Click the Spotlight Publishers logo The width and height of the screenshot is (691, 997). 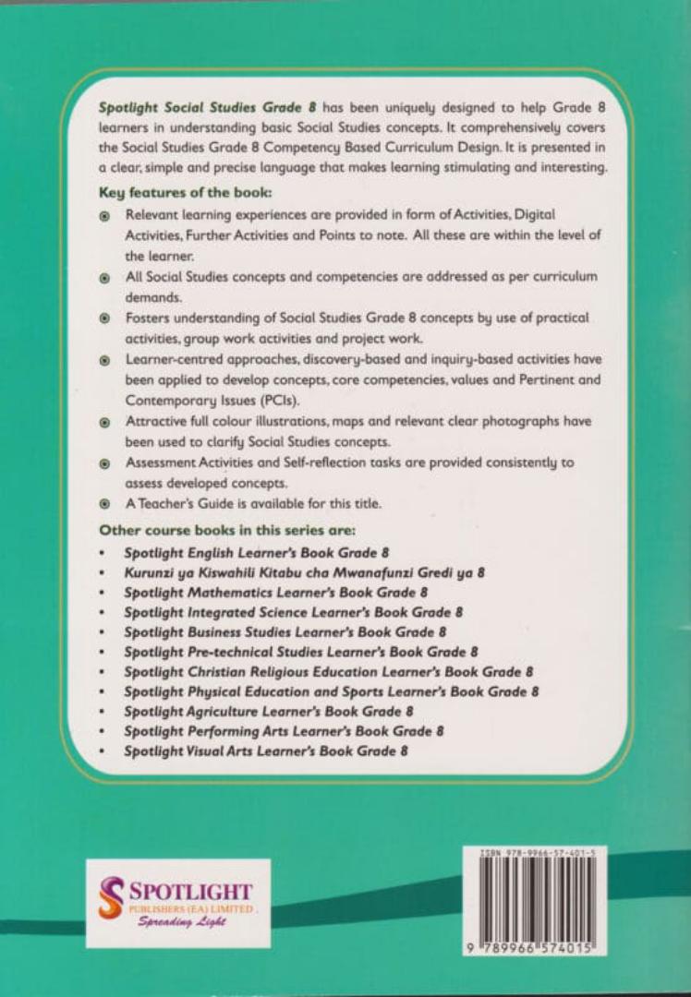coord(178,903)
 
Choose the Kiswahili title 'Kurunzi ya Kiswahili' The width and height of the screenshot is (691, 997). coord(305,572)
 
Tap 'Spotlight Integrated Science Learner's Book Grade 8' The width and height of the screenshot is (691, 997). coord(293,612)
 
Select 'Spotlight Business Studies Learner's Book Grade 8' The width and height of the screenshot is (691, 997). coord(285,631)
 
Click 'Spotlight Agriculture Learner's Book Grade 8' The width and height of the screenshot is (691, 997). coord(269,711)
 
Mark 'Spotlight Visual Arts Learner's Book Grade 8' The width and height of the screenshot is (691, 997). coord(266,751)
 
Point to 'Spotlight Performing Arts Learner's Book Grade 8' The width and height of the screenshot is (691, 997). coord(285,731)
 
